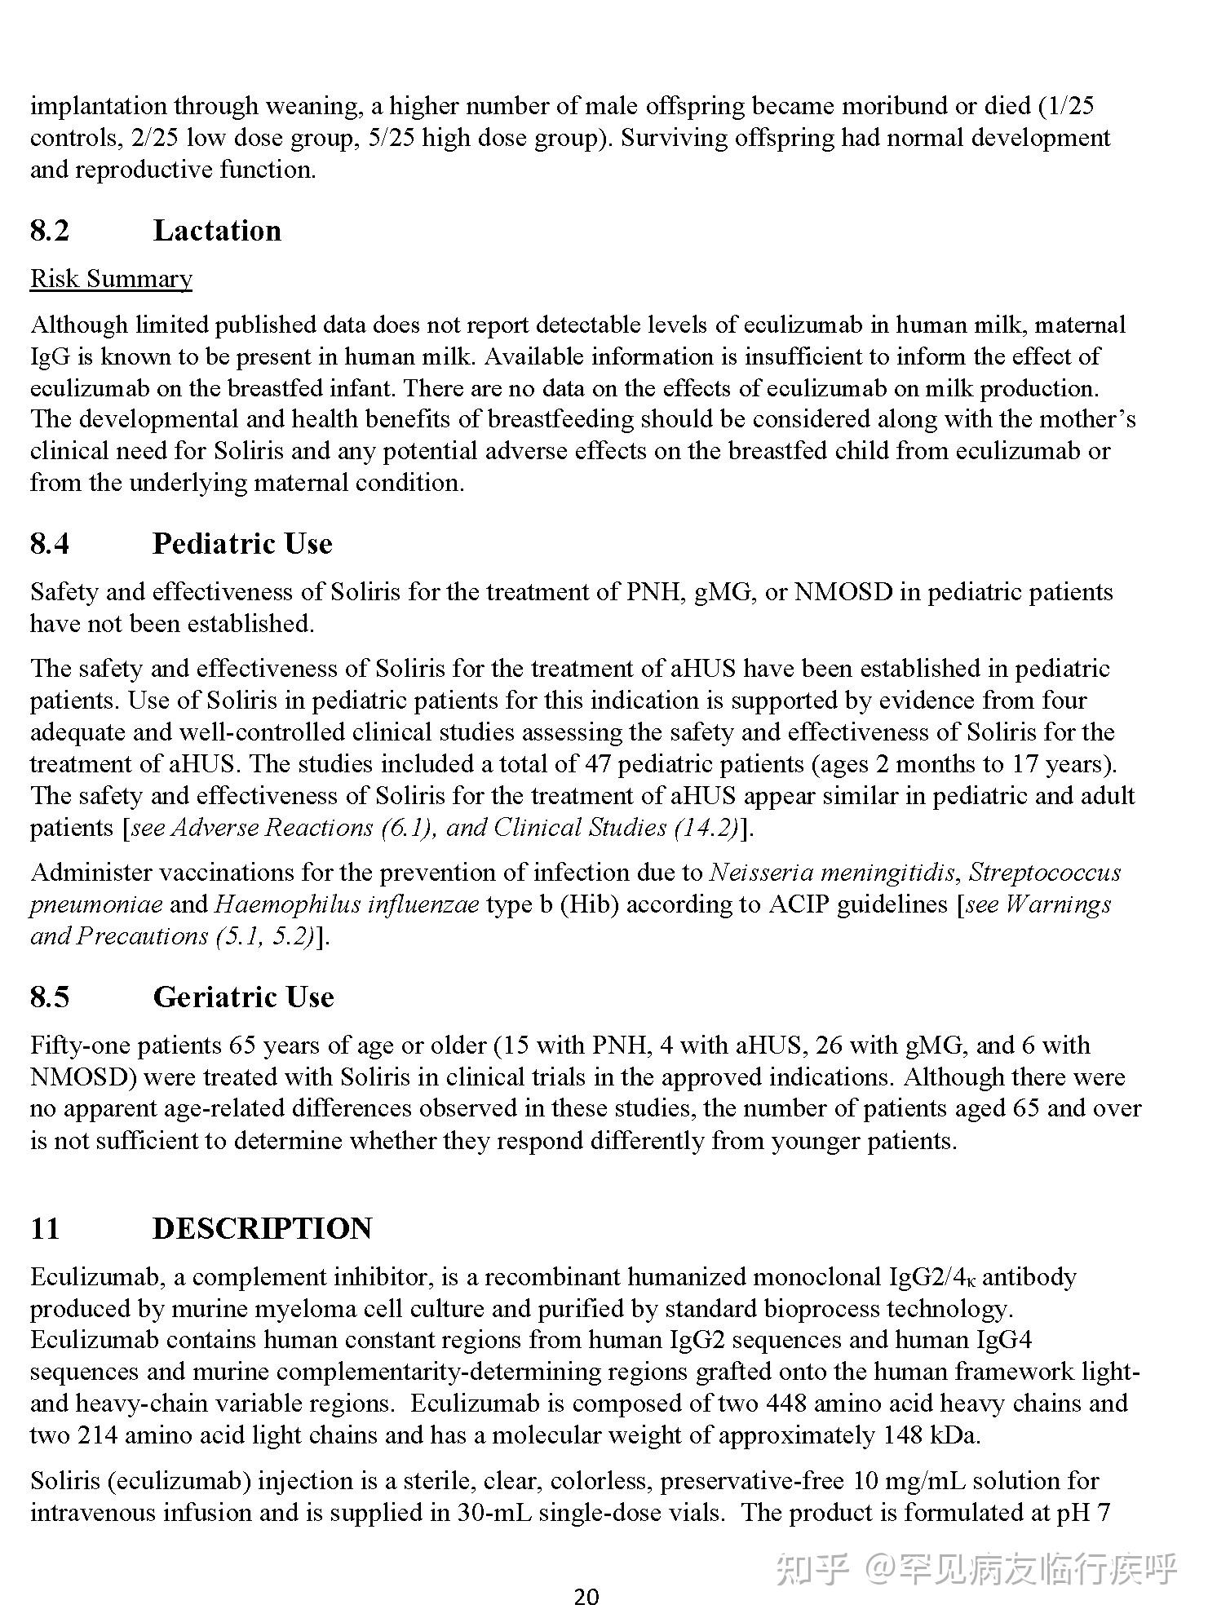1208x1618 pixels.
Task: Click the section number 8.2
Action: coord(50,231)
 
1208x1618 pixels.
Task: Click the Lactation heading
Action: coord(217,231)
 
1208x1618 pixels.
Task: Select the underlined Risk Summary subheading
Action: coord(111,279)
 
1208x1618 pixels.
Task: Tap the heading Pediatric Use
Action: coord(242,544)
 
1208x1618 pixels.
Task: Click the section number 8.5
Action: coord(50,997)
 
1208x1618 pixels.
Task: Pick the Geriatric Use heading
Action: coord(243,997)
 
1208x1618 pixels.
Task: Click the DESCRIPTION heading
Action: coord(262,1229)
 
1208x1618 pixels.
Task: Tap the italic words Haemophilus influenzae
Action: coord(347,905)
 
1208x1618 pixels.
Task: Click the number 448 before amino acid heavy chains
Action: coord(785,1404)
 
